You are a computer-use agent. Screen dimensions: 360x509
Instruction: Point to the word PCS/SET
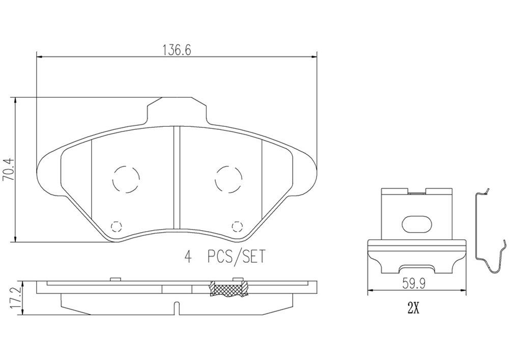click(236, 257)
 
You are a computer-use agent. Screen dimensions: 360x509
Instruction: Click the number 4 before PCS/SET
click(188, 257)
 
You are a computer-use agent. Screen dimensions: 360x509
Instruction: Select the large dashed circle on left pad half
click(125, 179)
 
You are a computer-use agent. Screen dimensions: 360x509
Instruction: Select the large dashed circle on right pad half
click(228, 179)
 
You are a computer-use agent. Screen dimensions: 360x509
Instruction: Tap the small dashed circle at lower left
click(117, 226)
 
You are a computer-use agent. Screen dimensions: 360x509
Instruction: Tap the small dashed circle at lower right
click(236, 226)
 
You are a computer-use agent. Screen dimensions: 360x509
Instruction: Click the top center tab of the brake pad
click(177, 110)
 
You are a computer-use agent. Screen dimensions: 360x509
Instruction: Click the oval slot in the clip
click(416, 224)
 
